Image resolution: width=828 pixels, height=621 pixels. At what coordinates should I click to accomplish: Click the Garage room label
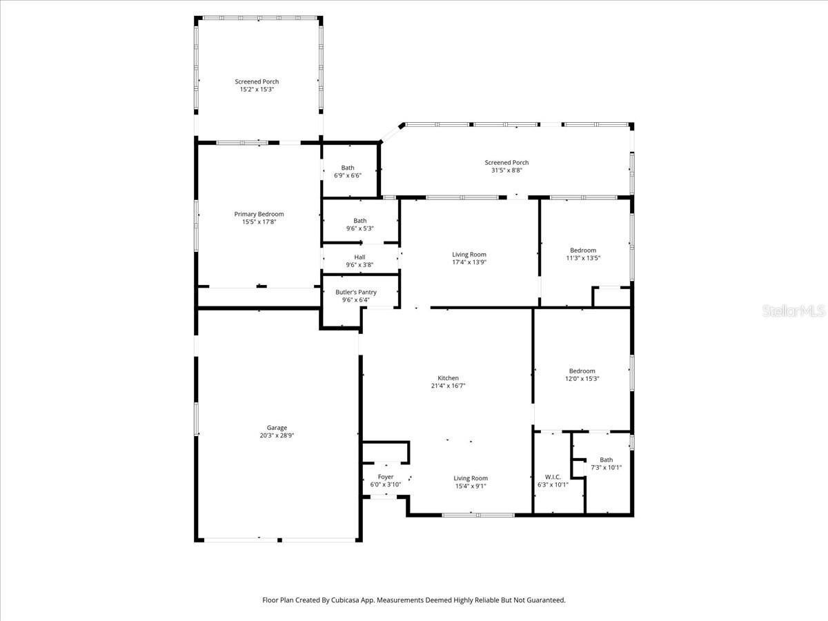(x=277, y=428)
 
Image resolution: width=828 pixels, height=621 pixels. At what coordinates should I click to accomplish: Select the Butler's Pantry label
(x=356, y=292)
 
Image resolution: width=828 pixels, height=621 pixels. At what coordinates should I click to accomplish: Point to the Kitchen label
(x=448, y=378)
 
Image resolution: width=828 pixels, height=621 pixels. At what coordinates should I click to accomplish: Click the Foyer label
(x=386, y=477)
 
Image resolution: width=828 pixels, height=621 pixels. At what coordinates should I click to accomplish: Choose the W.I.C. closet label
(x=553, y=477)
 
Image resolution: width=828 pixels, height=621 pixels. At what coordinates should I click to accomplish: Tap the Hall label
(x=359, y=257)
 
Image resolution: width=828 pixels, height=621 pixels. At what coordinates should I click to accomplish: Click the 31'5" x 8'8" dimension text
(x=506, y=170)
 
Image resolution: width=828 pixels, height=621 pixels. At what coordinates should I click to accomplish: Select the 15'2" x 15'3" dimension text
(x=257, y=90)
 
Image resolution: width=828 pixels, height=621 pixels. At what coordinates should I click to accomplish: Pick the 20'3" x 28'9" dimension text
(x=277, y=436)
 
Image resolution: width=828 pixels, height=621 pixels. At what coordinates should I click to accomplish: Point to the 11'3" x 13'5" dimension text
(x=583, y=259)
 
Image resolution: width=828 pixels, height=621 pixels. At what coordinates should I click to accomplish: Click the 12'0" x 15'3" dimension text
(x=582, y=379)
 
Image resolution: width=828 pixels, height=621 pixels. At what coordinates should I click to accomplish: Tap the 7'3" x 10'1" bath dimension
(x=606, y=468)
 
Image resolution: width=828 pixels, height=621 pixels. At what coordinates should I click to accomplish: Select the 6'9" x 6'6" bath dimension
(x=348, y=176)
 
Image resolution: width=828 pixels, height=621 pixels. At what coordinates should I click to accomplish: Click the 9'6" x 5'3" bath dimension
(x=360, y=229)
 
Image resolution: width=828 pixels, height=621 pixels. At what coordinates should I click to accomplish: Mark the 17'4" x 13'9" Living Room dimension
(x=469, y=263)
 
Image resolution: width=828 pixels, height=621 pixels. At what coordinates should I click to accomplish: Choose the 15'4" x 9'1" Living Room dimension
(x=471, y=486)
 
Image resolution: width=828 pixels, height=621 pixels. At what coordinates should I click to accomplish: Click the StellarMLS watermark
(x=793, y=312)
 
